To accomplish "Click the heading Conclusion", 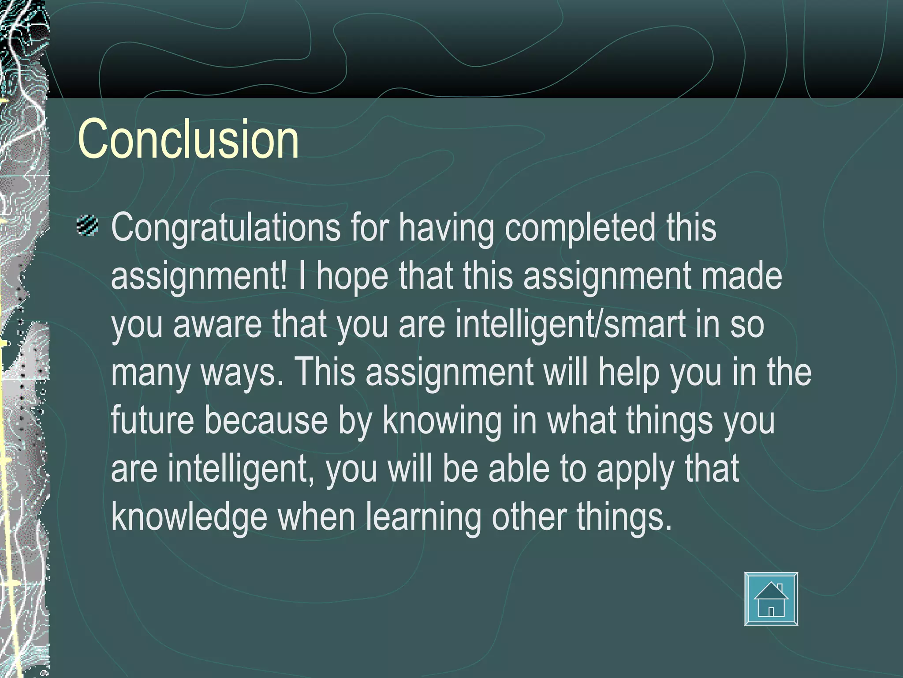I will pos(188,139).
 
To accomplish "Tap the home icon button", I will pos(771,599).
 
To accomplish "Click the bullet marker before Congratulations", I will pos(87,226).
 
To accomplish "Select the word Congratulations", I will pos(225,228).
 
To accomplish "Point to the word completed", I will pos(580,228).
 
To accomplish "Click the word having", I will pos(446,228).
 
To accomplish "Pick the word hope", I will pos(352,276).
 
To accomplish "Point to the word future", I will pos(152,420).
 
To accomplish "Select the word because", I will pos(266,420).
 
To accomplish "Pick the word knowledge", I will pos(189,517).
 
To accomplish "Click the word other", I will pos(529,516).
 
